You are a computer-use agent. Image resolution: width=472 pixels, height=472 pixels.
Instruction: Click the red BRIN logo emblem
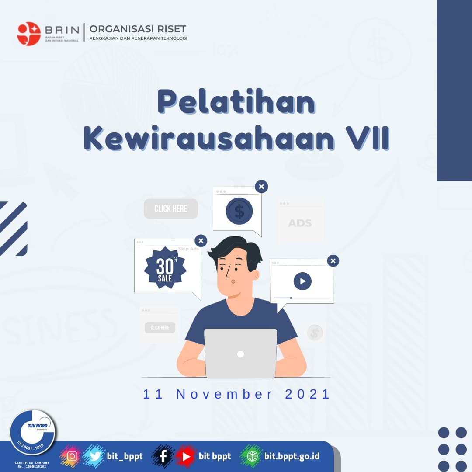pyautogui.click(x=29, y=34)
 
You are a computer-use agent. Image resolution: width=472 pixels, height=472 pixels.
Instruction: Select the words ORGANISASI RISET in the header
pyautogui.click(x=138, y=29)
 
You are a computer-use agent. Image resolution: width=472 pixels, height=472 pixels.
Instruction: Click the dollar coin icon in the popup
pyautogui.click(x=239, y=211)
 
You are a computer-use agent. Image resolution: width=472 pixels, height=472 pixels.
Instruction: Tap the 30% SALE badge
pyautogui.click(x=165, y=267)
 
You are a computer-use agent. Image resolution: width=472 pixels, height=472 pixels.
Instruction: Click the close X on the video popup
pyautogui.click(x=333, y=261)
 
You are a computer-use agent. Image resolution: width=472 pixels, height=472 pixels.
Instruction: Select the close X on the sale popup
pyautogui.click(x=201, y=240)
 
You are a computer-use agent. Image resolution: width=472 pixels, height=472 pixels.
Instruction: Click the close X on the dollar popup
pyautogui.click(x=261, y=187)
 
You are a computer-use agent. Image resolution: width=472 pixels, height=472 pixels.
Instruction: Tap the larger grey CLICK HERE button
pyautogui.click(x=171, y=209)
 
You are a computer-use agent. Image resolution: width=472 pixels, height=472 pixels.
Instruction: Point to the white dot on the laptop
pyautogui.click(x=240, y=354)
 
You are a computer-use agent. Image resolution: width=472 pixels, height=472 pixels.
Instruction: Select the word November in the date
pyautogui.click(x=225, y=394)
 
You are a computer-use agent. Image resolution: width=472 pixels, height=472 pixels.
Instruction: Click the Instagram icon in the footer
pyautogui.click(x=72, y=456)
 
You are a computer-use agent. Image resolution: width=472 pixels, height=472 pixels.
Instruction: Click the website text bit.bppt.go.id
pyautogui.click(x=292, y=456)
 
